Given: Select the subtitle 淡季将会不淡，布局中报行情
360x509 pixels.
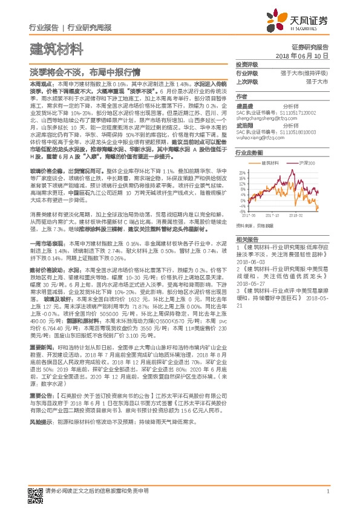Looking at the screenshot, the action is (82, 69).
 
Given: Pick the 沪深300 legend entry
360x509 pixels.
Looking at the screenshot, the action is (306, 163).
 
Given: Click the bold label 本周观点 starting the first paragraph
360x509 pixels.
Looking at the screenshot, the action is (40, 80).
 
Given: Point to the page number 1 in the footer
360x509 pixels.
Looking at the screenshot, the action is (327, 490).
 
